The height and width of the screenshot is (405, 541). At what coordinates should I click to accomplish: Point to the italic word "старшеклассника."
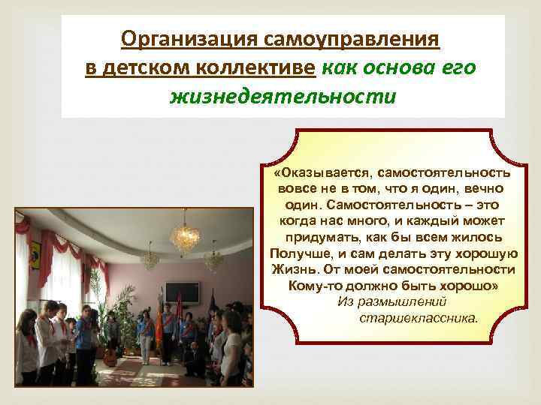(418, 317)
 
